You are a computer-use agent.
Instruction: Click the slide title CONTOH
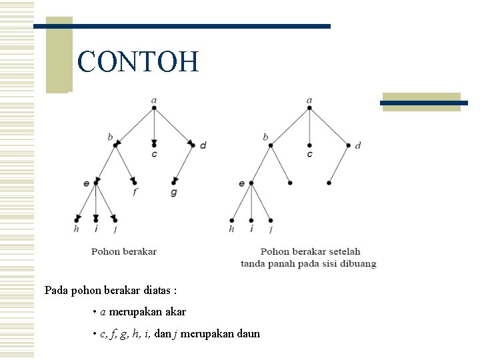coord(138,62)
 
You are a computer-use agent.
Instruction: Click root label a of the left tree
coord(154,101)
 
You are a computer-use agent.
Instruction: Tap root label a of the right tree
coord(309,101)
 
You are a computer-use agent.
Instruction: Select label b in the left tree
coord(110,137)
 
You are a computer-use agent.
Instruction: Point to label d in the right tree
coord(358,145)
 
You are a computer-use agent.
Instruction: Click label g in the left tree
coord(174,193)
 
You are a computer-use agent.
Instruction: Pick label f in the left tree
coord(135,192)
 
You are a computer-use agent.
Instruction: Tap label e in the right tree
coord(241,183)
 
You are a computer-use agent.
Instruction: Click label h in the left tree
coord(76,229)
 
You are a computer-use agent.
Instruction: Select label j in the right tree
coord(271,230)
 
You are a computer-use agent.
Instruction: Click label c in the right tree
coord(309,155)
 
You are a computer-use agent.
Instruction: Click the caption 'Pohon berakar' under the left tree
coord(124,251)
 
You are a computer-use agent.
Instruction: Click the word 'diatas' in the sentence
coord(155,291)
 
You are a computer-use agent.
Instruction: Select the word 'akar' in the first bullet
coord(174,311)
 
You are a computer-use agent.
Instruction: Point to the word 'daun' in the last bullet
coord(248,333)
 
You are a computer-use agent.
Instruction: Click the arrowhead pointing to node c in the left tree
coord(154,143)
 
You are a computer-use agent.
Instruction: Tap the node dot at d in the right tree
coord(348,145)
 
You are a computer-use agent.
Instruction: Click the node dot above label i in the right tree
coord(251,220)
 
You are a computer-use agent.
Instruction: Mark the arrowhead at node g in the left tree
coord(175,181)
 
